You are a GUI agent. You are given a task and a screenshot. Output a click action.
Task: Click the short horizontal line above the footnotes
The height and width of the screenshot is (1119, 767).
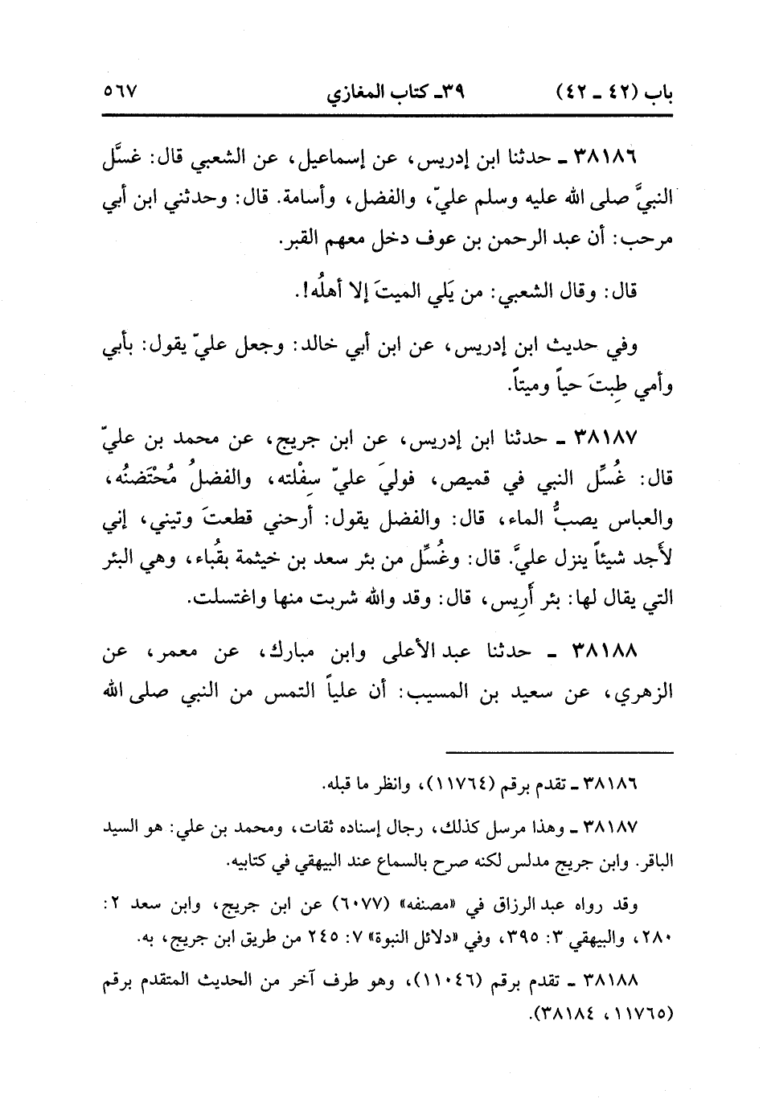click(559, 753)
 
